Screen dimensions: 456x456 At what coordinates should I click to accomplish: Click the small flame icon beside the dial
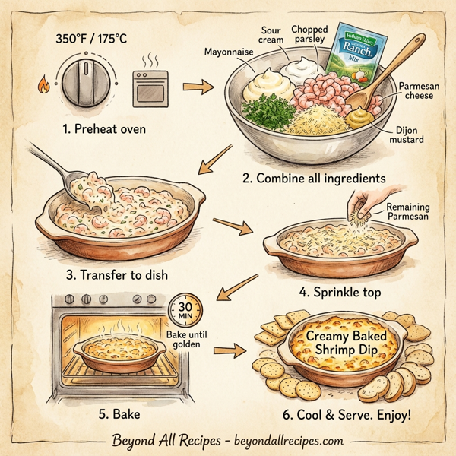click(43, 84)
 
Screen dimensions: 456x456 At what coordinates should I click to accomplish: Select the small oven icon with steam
click(151, 84)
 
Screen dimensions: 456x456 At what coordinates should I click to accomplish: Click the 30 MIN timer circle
click(184, 309)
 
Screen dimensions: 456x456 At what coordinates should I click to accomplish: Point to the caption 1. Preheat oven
click(105, 129)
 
